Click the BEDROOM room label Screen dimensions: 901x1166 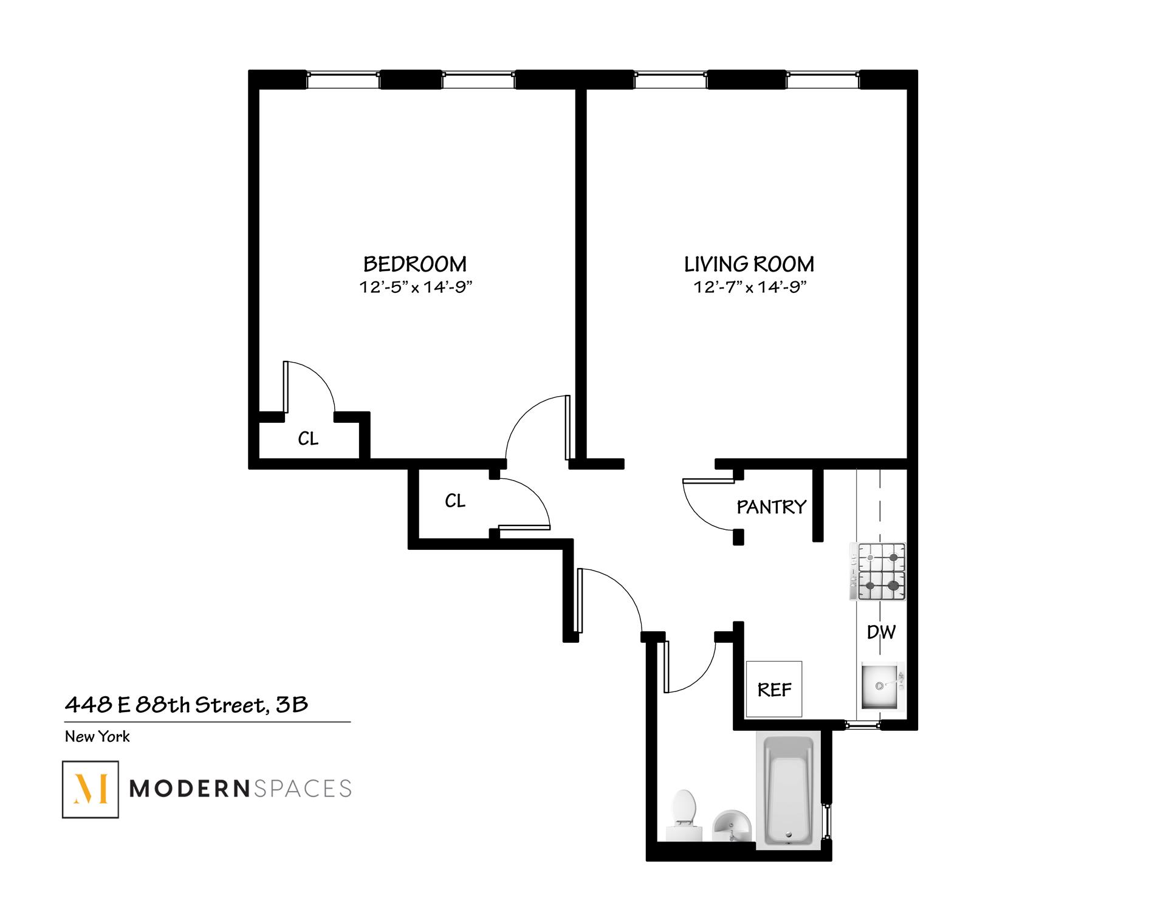tap(415, 264)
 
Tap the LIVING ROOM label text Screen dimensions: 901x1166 tap(749, 264)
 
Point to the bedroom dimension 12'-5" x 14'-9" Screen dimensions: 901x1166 tap(416, 287)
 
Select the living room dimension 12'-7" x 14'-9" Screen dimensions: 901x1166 tap(750, 287)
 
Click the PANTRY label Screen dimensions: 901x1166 tap(771, 507)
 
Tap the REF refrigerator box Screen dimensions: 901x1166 tap(773, 689)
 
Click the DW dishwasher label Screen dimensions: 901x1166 tap(881, 632)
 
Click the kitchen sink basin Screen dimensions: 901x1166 tap(880, 686)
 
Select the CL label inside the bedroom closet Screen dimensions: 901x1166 tap(308, 439)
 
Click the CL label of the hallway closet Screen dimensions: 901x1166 tap(455, 501)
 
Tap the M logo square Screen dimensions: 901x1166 tap(91, 789)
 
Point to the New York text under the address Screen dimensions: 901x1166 tap(97, 737)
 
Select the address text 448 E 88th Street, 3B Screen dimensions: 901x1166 tap(187, 705)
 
